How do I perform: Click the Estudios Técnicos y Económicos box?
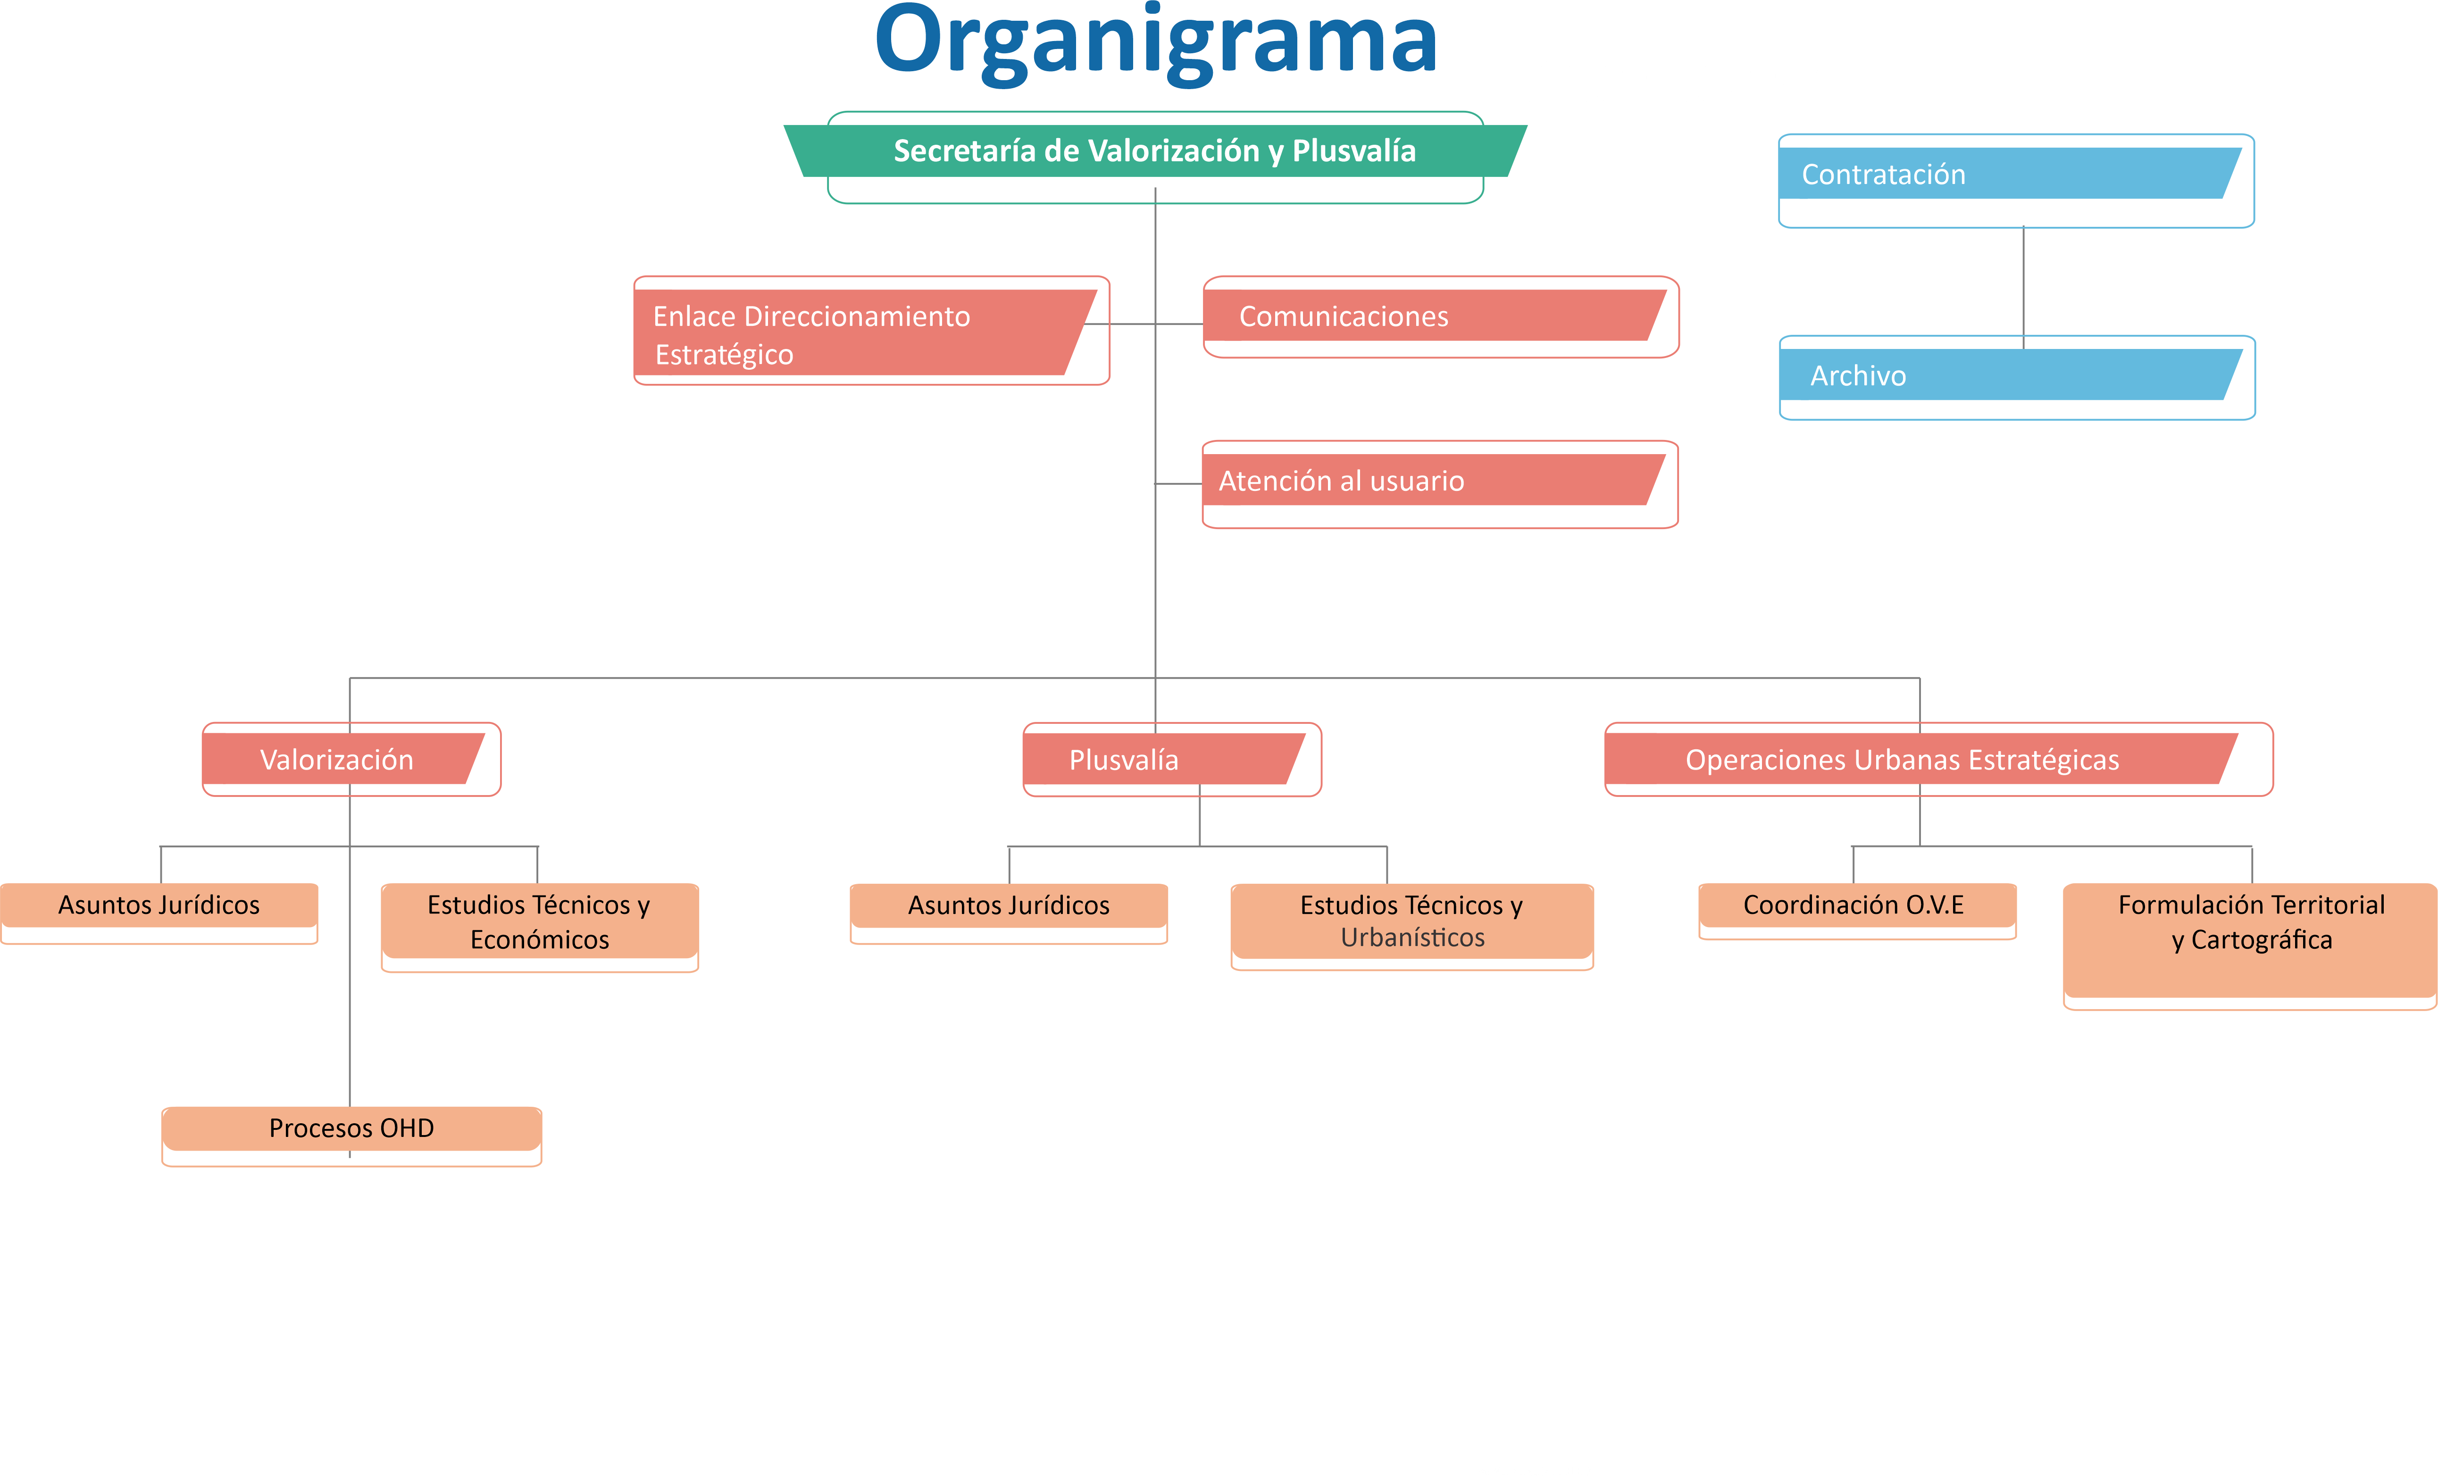click(539, 922)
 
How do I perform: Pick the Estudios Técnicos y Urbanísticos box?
click(1412, 922)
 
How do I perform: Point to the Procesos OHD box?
click(351, 1129)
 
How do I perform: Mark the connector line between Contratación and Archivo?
click(2023, 282)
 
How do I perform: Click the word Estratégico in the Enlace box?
click(724, 355)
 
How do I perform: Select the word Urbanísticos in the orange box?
click(1413, 938)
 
